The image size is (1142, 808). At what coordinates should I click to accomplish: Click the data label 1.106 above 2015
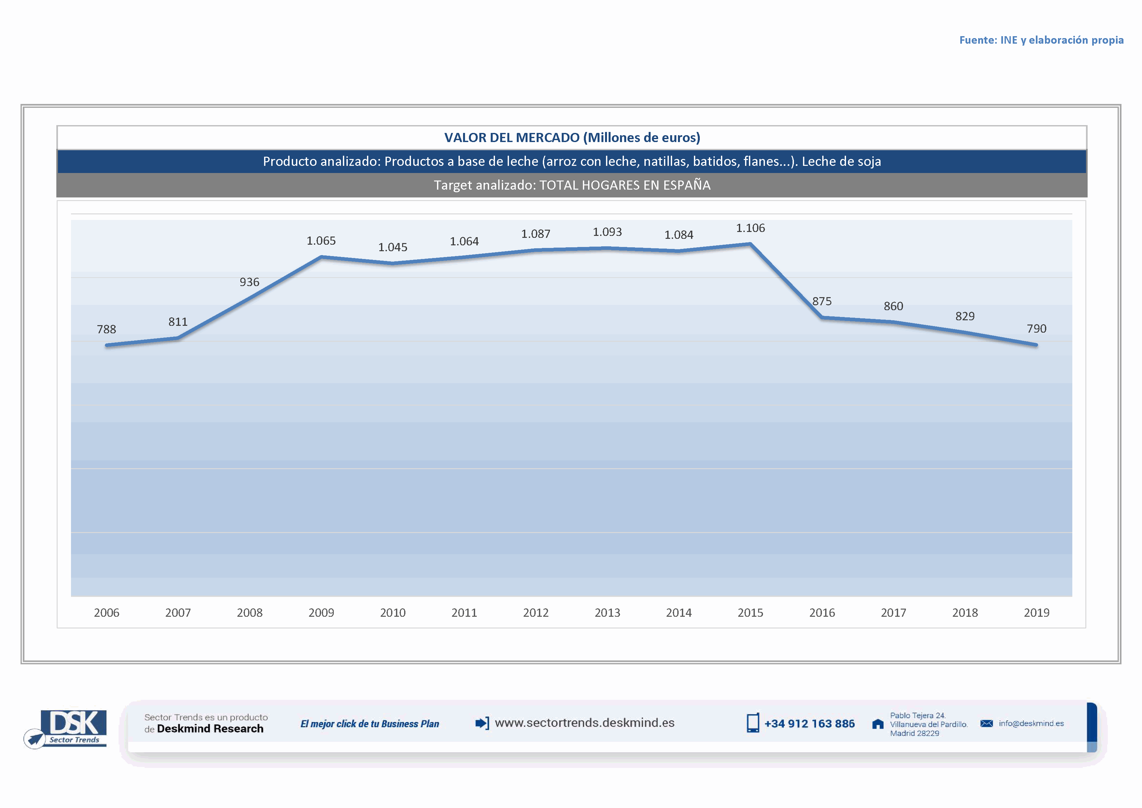pos(750,228)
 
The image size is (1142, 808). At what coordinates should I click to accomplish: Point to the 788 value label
pos(106,329)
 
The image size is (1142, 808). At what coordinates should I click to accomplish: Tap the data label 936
pos(249,282)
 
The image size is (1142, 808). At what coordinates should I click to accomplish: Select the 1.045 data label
pos(392,247)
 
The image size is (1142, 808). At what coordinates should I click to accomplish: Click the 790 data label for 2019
pos(1036,329)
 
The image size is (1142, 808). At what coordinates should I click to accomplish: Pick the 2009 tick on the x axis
pos(321,613)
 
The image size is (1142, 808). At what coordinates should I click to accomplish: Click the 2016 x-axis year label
pos(822,613)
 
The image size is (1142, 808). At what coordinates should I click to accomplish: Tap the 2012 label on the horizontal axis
pos(536,613)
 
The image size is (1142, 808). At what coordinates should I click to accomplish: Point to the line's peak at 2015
pos(750,244)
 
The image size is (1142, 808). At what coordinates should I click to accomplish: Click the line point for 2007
pos(178,338)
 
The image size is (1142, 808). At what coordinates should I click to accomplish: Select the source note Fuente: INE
pos(1041,40)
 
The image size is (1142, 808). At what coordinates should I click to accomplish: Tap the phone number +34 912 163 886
pos(809,724)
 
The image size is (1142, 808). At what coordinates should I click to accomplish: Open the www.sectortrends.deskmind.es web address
pos(585,723)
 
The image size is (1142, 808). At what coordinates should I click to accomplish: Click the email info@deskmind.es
pos(1031,723)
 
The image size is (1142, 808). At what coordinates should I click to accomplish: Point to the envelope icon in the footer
pos(986,723)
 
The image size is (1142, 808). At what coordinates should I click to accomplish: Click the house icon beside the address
pos(878,724)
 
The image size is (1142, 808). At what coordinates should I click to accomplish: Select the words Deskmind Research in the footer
pos(210,729)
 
